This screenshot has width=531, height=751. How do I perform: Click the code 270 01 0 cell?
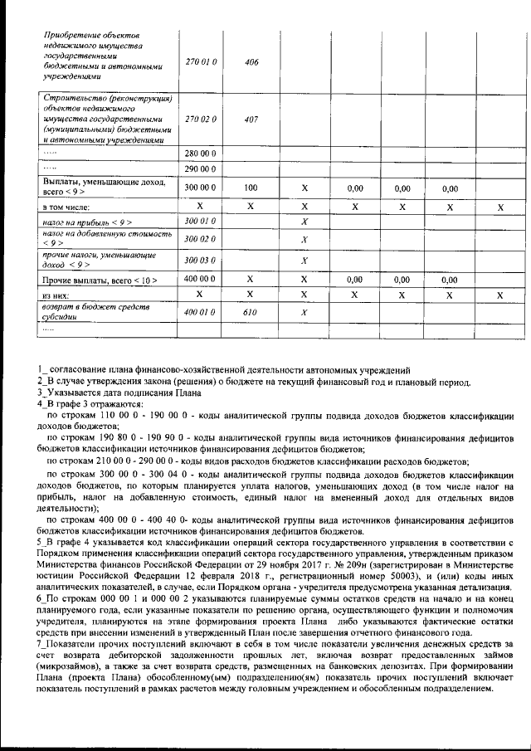coord(201,61)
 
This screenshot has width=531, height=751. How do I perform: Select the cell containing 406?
coord(251,61)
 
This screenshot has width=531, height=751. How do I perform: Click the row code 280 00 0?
coord(201,154)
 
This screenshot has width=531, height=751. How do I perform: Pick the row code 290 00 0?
coord(201,168)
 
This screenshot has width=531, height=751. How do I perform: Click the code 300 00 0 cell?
coord(201,188)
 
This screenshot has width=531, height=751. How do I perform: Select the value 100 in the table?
coord(251,188)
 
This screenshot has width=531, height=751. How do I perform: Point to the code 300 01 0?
coord(201,222)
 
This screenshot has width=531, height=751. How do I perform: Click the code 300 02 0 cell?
coord(201,239)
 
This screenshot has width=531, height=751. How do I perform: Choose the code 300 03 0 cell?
coord(201,261)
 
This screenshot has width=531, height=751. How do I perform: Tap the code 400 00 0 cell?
coord(201,280)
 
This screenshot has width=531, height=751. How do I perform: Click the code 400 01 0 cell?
coord(201,312)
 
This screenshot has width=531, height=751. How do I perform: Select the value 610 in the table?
coord(251,312)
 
